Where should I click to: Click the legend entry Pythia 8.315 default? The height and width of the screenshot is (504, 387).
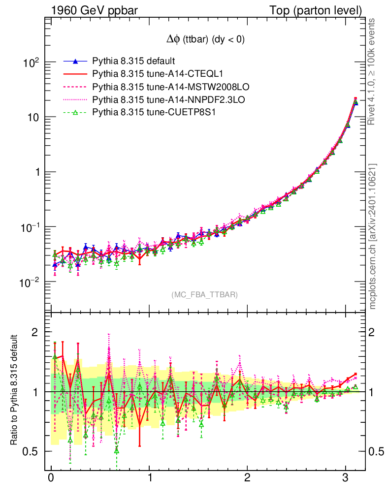pyautogui.click(x=133, y=62)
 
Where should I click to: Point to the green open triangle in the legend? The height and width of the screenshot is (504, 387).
pyautogui.click(x=75, y=113)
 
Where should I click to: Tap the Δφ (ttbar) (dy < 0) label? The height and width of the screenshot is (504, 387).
pyautogui.click(x=205, y=40)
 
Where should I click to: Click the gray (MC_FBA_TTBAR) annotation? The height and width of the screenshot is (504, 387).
pyautogui.click(x=205, y=295)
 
